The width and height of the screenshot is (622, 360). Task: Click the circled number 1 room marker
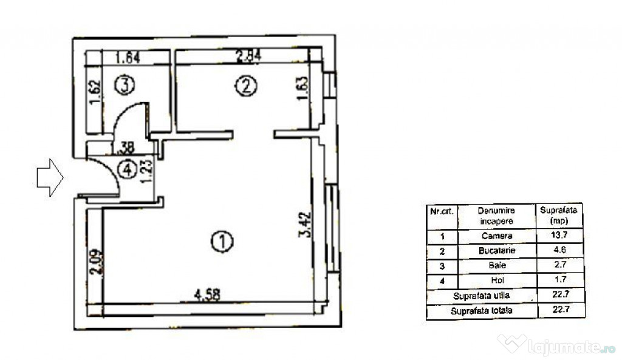tap(222, 242)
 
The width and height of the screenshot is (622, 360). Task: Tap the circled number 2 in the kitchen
tap(246, 86)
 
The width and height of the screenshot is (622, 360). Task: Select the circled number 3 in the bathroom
tap(125, 84)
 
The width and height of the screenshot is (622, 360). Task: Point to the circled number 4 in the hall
tap(128, 170)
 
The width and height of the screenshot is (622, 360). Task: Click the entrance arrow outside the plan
tap(50, 178)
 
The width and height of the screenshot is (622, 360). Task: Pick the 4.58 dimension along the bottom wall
tap(208, 294)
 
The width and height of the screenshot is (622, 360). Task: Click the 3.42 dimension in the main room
tap(305, 225)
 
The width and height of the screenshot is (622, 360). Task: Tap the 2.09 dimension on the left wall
tap(97, 262)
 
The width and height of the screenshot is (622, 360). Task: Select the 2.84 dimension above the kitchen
tap(248, 56)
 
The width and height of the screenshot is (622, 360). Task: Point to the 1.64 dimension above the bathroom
tap(128, 58)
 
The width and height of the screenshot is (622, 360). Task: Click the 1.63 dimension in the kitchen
tap(302, 89)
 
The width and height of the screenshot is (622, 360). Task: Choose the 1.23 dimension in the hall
tap(146, 171)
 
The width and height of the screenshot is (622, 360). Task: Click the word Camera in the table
tap(497, 236)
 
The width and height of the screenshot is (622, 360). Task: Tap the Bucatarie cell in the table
tap(497, 251)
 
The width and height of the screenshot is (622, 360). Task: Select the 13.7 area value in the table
tap(559, 235)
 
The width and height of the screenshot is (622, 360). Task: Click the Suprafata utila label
tap(482, 296)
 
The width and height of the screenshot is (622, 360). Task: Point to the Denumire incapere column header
tap(496, 216)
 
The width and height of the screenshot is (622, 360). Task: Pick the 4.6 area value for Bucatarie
tap(559, 250)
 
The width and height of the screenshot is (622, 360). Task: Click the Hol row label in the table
tap(497, 280)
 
